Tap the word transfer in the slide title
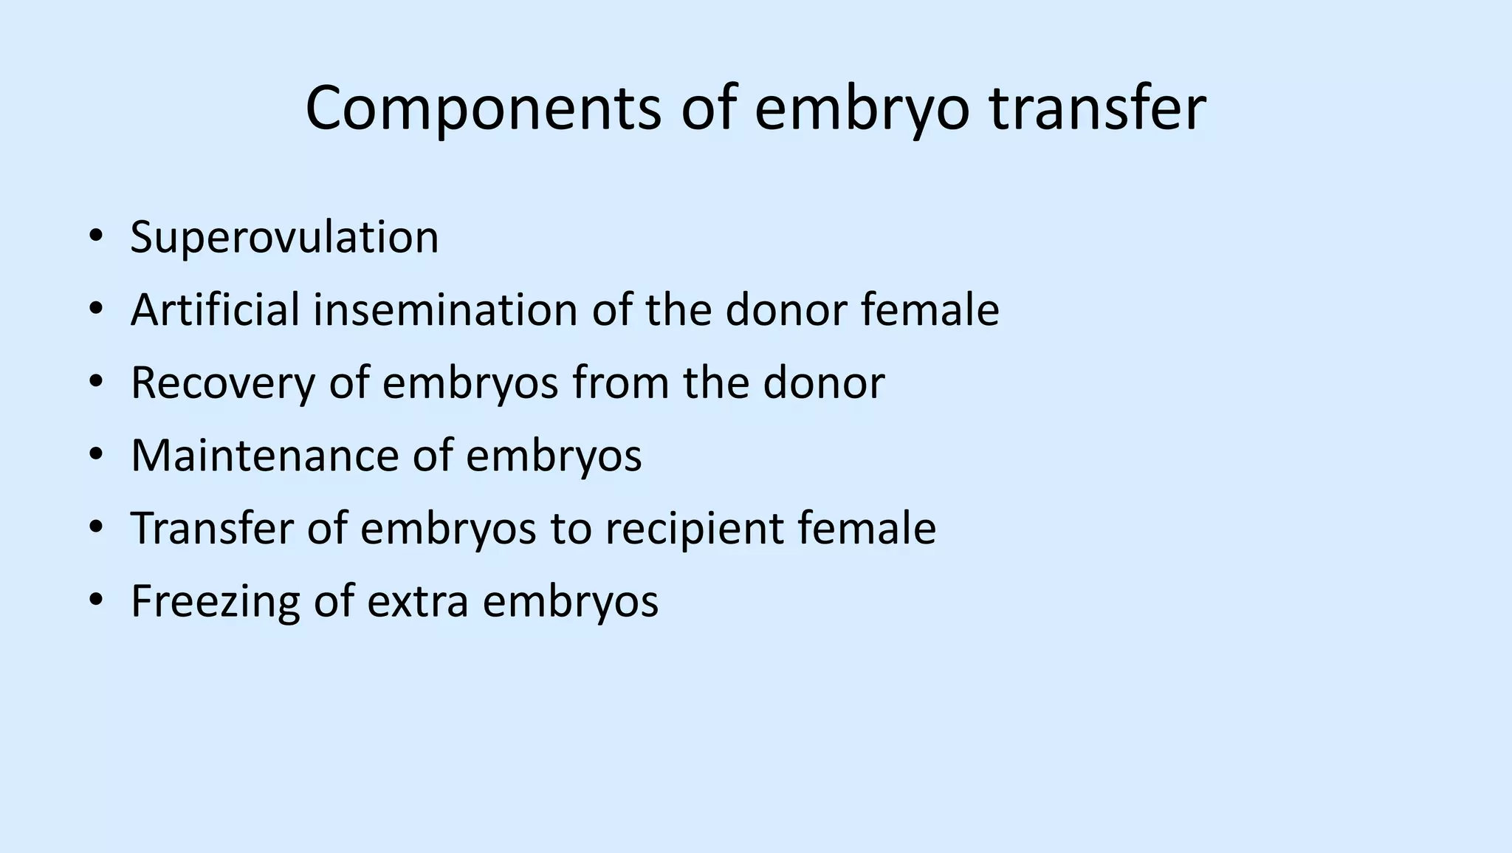(x=1097, y=109)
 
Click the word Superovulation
(x=284, y=237)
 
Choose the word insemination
(x=445, y=309)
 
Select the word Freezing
(x=215, y=601)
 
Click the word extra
(x=418, y=601)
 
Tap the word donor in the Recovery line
(x=823, y=383)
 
